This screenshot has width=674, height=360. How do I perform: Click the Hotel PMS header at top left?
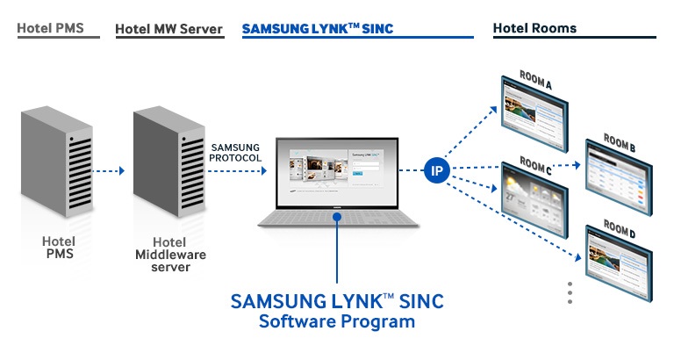[x=50, y=28]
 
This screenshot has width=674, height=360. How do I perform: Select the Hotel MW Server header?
[x=168, y=29]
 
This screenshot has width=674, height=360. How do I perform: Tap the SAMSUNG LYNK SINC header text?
[x=318, y=29]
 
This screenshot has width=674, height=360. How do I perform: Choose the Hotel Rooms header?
[x=534, y=28]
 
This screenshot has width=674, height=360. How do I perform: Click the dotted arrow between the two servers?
[x=113, y=171]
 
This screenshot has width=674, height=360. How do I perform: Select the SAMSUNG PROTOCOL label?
[x=235, y=151]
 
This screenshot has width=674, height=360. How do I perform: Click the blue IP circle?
[x=436, y=170]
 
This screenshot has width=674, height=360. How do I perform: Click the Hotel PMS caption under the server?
[x=59, y=248]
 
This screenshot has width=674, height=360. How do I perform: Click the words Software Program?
[x=336, y=322]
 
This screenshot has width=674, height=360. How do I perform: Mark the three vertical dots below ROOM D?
[x=570, y=292]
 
